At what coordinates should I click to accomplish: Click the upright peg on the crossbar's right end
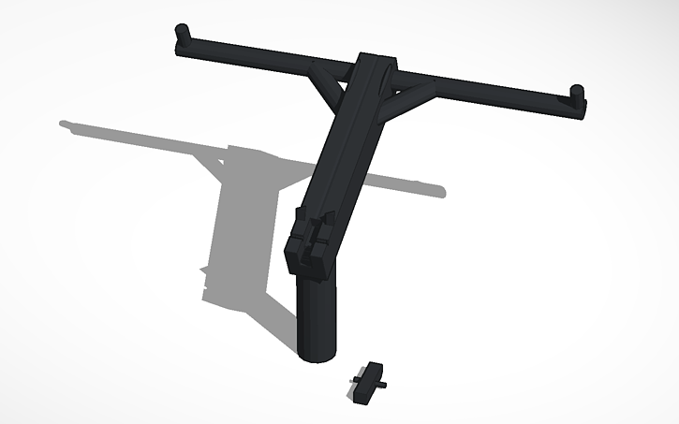(578, 94)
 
